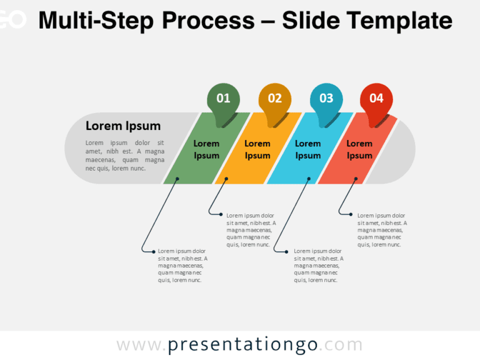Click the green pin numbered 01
[x=223, y=99]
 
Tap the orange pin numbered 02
[x=275, y=99]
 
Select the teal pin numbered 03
[x=326, y=99]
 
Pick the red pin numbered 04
[x=376, y=99]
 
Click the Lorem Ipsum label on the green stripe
[x=206, y=149]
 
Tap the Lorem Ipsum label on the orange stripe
[x=257, y=149]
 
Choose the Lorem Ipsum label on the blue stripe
[x=308, y=149]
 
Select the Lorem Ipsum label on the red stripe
[x=359, y=149]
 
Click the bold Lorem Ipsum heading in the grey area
[x=123, y=126]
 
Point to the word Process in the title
[x=208, y=21]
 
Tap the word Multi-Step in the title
[x=97, y=21]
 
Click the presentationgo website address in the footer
[x=239, y=345]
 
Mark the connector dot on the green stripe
[x=177, y=179]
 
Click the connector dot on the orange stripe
[x=227, y=179]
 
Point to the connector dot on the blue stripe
[x=309, y=179]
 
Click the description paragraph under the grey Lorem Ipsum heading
[x=125, y=156]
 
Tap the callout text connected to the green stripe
[x=182, y=266]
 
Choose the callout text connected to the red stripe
[x=382, y=230]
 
